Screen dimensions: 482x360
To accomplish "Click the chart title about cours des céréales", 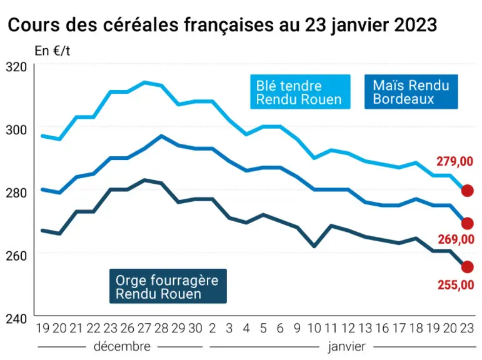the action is pyautogui.click(x=222, y=24).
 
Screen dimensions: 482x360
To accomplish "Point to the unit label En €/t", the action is pyautogui.click(x=53, y=51).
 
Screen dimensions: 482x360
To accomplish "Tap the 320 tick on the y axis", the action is pyautogui.click(x=16, y=67).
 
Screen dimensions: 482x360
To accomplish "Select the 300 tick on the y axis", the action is pyautogui.click(x=16, y=130).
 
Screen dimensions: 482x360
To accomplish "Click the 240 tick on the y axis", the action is pyautogui.click(x=16, y=319).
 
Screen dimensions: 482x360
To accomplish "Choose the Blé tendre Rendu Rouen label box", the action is pyautogui.click(x=300, y=92).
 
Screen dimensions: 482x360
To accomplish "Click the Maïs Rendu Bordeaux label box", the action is pyautogui.click(x=411, y=92).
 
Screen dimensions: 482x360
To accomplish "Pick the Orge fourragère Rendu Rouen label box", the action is pyautogui.click(x=168, y=286).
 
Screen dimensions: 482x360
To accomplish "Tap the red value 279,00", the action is pyautogui.click(x=454, y=161).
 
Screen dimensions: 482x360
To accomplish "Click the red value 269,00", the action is pyautogui.click(x=456, y=239).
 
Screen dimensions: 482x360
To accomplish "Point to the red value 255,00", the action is pyautogui.click(x=456, y=285).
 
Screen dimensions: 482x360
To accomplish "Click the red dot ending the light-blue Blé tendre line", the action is pyautogui.click(x=467, y=191).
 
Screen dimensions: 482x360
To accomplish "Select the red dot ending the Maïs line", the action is pyautogui.click(x=467, y=224).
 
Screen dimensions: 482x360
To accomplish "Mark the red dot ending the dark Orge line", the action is pyautogui.click(x=467, y=267).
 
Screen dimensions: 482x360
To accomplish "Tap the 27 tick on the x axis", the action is pyautogui.click(x=144, y=328).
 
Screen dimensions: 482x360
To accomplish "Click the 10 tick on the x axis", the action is pyautogui.click(x=314, y=328).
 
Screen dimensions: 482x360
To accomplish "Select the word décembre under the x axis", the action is pyautogui.click(x=122, y=346).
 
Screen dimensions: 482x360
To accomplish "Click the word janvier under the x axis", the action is pyautogui.click(x=346, y=347).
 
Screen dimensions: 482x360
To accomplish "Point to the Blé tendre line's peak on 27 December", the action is pyautogui.click(x=144, y=82).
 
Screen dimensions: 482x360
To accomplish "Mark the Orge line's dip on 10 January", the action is pyautogui.click(x=314, y=246).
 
